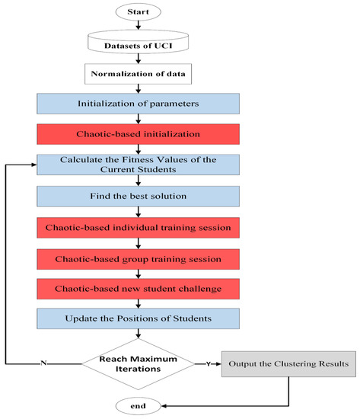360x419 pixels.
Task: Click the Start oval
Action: [138, 11]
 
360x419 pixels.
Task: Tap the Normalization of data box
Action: [138, 75]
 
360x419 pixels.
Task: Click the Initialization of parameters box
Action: [138, 104]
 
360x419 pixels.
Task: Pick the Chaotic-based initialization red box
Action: [138, 135]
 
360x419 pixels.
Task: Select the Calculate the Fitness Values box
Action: [138, 165]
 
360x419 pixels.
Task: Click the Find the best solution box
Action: [138, 197]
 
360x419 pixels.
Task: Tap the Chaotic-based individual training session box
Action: [138, 228]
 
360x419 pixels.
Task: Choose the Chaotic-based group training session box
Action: [138, 259]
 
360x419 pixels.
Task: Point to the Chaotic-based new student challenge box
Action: [138, 290]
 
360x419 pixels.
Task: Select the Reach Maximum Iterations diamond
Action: [138, 363]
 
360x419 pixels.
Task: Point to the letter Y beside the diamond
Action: [206, 363]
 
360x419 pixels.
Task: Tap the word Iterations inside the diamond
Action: [138, 369]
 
